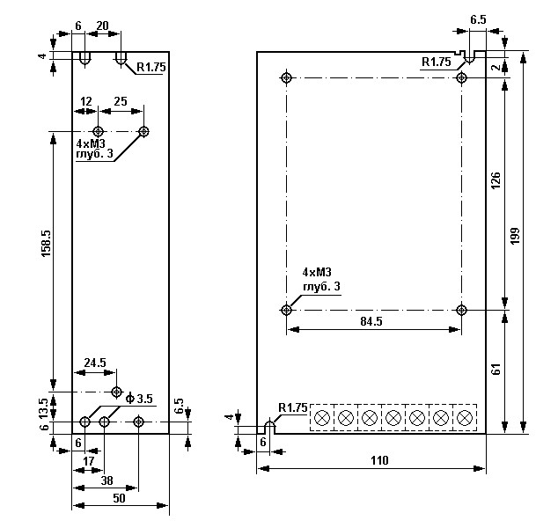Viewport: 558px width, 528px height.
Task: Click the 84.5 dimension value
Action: click(371, 321)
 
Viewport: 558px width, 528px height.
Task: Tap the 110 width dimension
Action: click(378, 460)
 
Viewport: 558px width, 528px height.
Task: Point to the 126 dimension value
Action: click(495, 183)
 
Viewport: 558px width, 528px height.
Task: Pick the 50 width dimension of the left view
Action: click(118, 498)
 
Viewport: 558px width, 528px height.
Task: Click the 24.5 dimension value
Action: click(95, 362)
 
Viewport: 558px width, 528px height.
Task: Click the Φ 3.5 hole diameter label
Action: click(141, 400)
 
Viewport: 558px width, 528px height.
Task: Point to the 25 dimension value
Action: click(121, 102)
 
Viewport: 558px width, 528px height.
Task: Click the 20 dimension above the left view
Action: click(102, 26)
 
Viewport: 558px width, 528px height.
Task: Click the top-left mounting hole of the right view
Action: click(287, 77)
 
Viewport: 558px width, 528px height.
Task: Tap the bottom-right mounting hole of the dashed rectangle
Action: click(462, 309)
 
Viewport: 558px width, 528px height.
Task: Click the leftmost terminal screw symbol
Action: click(323, 416)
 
